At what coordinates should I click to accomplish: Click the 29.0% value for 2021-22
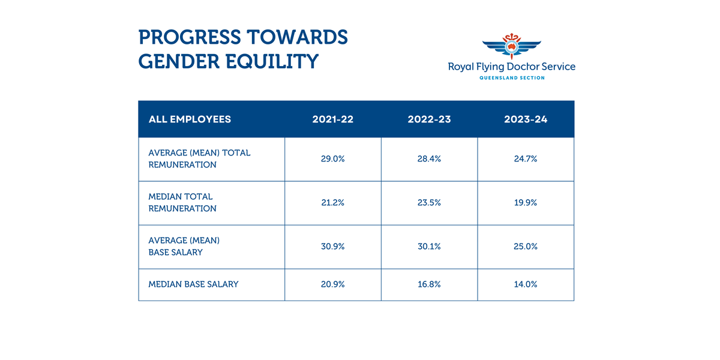[332, 159]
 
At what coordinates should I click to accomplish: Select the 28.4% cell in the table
[429, 159]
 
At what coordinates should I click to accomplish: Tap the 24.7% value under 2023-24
[526, 159]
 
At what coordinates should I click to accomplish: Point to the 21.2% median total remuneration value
[332, 203]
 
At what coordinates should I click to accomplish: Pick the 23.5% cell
[429, 203]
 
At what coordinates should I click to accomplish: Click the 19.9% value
[526, 203]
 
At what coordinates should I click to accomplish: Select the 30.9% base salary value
[332, 247]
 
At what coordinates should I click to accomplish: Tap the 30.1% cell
[429, 247]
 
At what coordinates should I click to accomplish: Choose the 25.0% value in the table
[526, 247]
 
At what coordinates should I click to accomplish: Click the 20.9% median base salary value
[332, 284]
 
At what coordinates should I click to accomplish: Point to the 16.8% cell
[429, 284]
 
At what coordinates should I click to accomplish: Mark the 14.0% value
[526, 284]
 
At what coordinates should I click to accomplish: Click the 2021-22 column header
[332, 119]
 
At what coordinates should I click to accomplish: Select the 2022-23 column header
[429, 119]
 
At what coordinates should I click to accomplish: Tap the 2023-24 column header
[526, 119]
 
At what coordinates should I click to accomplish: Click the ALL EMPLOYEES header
[190, 119]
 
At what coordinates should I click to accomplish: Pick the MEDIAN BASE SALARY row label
[193, 284]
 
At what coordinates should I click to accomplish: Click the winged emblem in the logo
[511, 47]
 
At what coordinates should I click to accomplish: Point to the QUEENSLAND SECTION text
[512, 78]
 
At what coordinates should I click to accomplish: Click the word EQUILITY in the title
[269, 61]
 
